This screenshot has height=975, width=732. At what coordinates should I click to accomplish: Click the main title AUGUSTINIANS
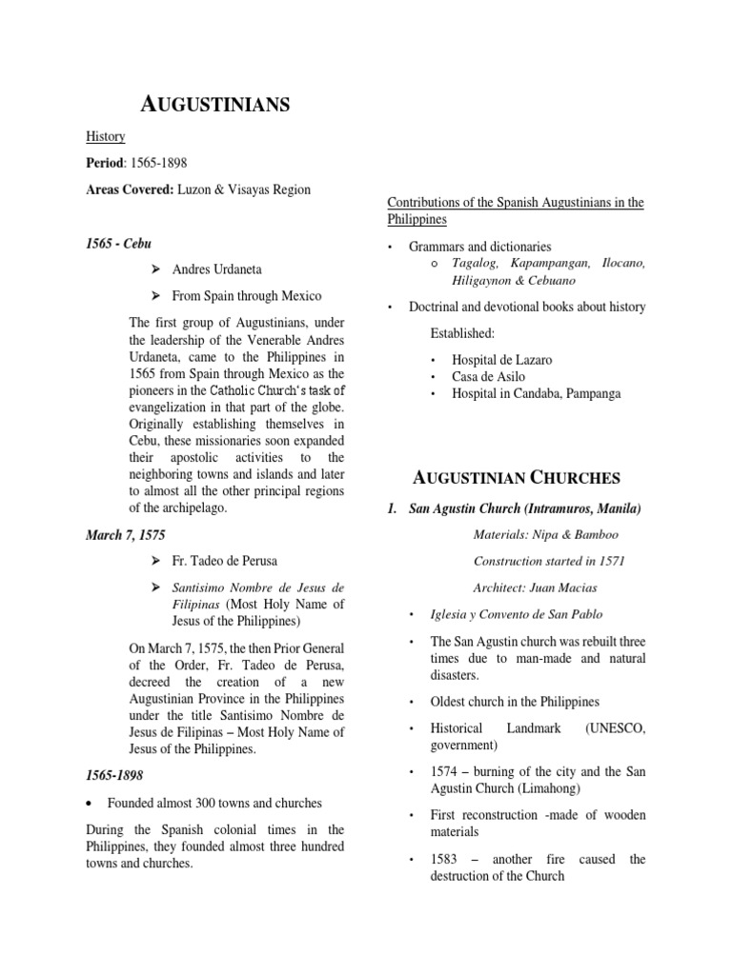[x=209, y=106]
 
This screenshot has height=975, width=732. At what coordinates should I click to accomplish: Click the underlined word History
[x=106, y=137]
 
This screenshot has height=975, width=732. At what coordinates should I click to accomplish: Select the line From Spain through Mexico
[x=247, y=295]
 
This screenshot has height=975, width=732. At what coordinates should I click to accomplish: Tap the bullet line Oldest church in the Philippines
[x=503, y=702]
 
